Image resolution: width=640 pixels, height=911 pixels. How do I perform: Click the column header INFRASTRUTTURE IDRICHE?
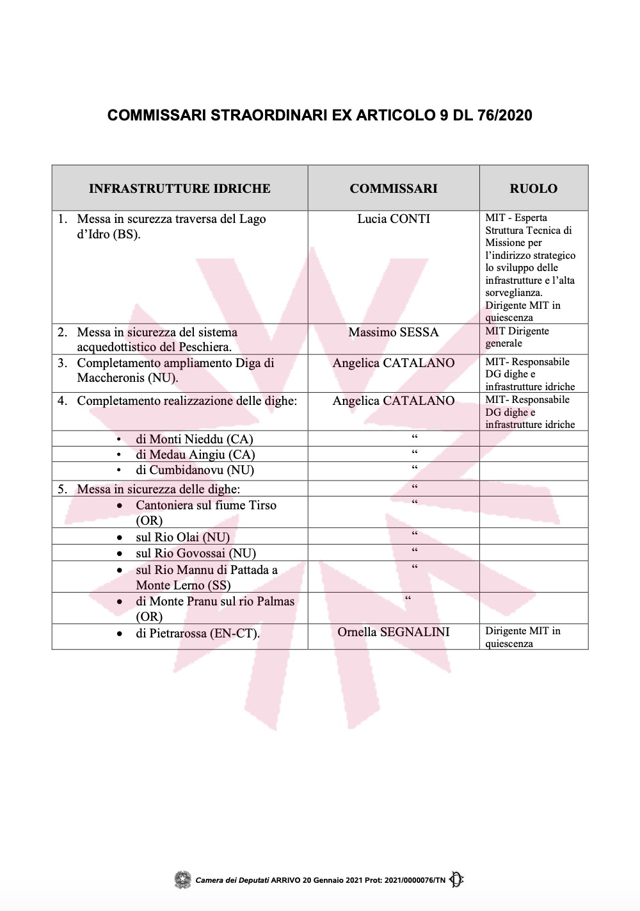click(179, 188)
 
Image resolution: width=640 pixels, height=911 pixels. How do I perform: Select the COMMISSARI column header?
click(394, 188)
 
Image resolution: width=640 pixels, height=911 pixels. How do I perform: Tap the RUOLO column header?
click(533, 188)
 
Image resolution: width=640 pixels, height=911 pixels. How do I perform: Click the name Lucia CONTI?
click(394, 219)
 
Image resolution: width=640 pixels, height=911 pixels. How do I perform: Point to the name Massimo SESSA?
click(394, 332)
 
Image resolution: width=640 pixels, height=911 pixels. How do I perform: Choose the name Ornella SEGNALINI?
click(394, 632)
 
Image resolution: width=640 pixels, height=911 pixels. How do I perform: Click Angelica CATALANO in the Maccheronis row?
click(394, 363)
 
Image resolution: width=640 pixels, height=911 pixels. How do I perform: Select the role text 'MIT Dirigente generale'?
click(517, 337)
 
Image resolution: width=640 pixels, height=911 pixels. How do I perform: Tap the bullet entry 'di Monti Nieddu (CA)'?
click(194, 439)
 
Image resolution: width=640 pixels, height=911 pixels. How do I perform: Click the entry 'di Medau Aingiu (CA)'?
click(195, 455)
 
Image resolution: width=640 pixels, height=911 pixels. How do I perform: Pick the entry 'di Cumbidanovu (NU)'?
click(195, 470)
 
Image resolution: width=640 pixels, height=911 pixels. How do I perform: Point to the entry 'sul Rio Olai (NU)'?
click(182, 538)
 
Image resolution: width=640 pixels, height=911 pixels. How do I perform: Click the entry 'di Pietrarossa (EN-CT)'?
click(197, 634)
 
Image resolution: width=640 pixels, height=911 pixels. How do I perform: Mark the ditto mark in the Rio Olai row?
click(415, 534)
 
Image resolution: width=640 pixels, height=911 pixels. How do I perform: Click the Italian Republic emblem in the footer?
click(183, 880)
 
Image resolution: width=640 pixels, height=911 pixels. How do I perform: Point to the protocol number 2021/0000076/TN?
click(415, 880)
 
